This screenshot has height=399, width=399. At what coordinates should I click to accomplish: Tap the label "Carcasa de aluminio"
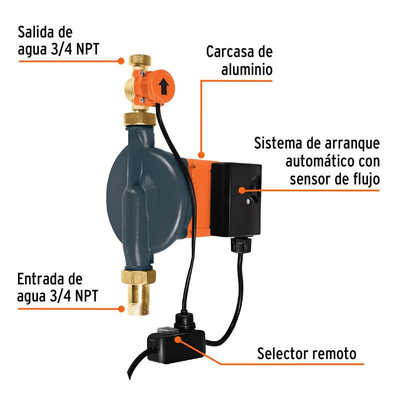(x=239, y=61)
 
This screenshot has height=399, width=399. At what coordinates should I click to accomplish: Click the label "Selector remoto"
(x=307, y=354)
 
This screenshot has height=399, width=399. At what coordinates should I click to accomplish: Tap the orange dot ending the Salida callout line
(x=121, y=61)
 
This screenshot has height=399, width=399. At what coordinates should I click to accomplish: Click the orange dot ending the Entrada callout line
(x=121, y=308)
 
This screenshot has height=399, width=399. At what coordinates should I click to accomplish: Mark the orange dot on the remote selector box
(x=178, y=339)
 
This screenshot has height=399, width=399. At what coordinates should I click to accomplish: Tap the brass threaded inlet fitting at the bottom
(x=138, y=299)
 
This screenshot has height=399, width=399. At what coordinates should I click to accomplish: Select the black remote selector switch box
(x=172, y=344)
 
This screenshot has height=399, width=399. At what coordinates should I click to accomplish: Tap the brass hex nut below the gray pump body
(x=138, y=276)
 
